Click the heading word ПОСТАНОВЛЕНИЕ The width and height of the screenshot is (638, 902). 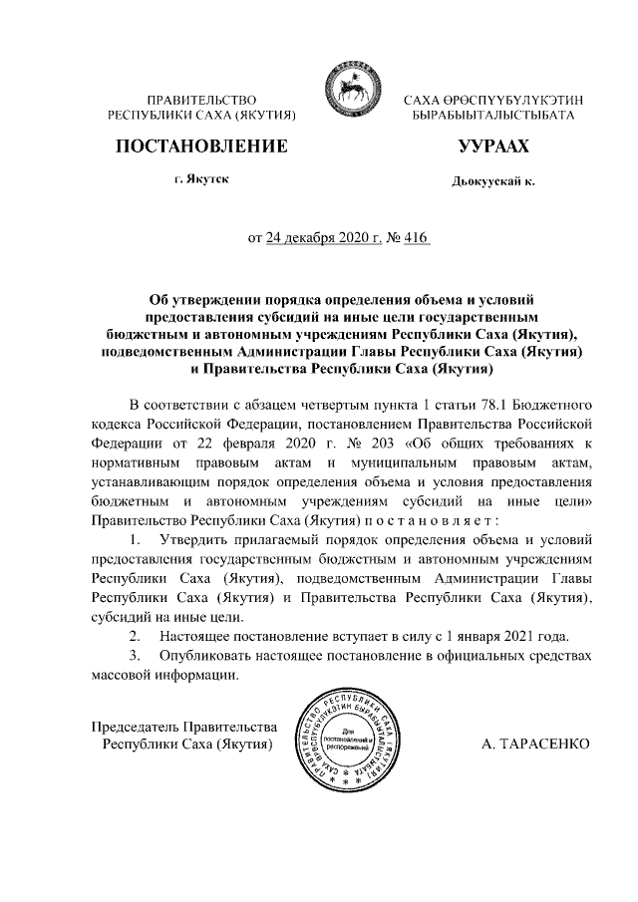point(202,148)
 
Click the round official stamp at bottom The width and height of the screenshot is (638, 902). point(343,737)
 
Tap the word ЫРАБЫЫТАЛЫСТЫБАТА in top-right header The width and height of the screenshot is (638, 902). point(492,117)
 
